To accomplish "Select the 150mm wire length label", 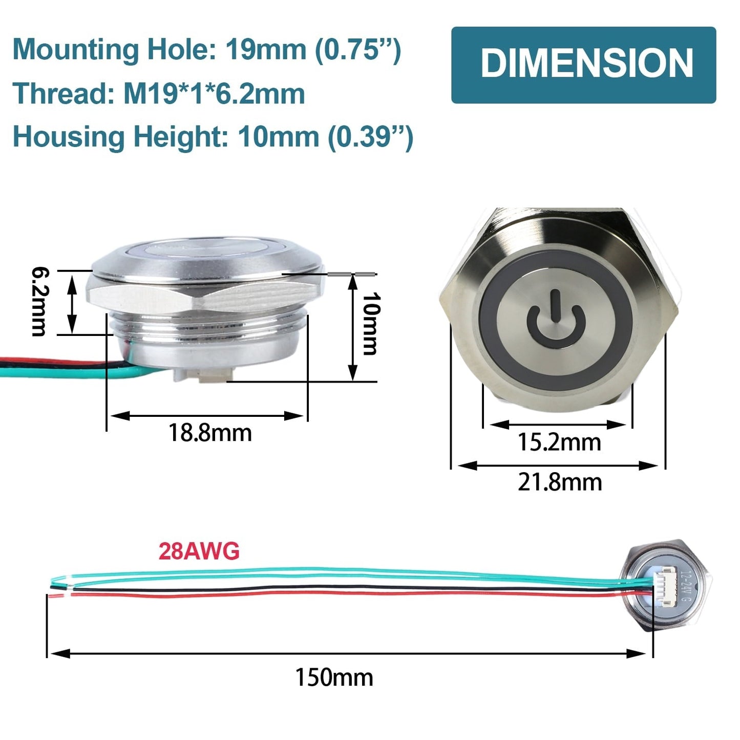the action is tap(334, 678).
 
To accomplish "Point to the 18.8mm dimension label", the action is tap(210, 433).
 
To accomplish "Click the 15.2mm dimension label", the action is tap(559, 442).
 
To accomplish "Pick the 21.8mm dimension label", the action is tap(560, 483).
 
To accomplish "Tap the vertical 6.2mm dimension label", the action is tap(40, 302).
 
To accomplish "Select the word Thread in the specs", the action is tap(64, 94).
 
